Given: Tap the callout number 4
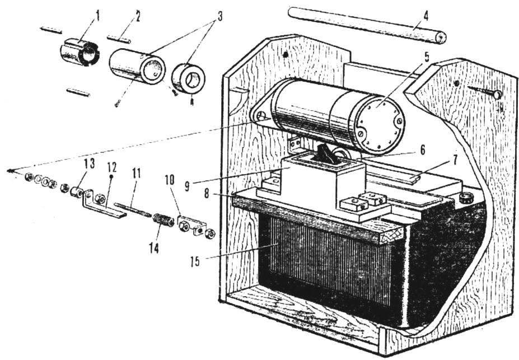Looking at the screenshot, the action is point(426,15).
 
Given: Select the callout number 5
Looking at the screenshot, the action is point(427,57).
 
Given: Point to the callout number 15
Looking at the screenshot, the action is point(195,261).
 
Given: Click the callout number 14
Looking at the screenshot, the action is point(153,247).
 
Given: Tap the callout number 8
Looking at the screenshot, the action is point(207,194).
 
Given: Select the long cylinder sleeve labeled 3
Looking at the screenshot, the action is point(137,66).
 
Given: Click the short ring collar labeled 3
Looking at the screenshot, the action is point(188,79).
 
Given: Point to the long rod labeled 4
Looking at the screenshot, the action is point(367,25).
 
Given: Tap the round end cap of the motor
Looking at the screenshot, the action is point(380,126).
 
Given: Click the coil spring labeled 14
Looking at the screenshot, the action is point(163,220).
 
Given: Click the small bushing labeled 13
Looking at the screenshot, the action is point(77,192).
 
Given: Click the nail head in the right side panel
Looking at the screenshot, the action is point(497,95).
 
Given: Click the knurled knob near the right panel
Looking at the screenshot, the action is point(467,198).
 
